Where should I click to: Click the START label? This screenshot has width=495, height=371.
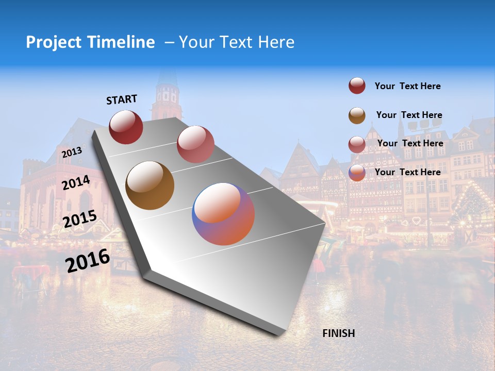pyautogui.click(x=122, y=99)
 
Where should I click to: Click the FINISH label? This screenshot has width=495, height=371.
pyautogui.click(x=338, y=333)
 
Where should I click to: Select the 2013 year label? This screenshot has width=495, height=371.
pyautogui.click(x=72, y=152)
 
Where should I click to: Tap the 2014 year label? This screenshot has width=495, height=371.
pyautogui.click(x=76, y=182)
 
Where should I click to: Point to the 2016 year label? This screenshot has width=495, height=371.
pyautogui.click(x=88, y=261)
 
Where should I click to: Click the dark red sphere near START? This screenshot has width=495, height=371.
pyautogui.click(x=126, y=127)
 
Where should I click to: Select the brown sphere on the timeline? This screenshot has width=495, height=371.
pyautogui.click(x=150, y=185)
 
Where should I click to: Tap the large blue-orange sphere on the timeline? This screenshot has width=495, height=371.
pyautogui.click(x=223, y=214)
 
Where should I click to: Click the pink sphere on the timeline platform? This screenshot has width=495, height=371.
pyautogui.click(x=195, y=144)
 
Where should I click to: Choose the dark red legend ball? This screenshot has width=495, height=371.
pyautogui.click(x=357, y=86)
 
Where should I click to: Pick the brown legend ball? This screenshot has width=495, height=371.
pyautogui.click(x=357, y=115)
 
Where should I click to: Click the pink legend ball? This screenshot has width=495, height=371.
pyautogui.click(x=357, y=144)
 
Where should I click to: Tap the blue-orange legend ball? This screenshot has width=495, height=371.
pyautogui.click(x=357, y=173)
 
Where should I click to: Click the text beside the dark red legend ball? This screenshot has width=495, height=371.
pyautogui.click(x=407, y=87)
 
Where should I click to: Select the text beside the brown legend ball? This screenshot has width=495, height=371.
pyautogui.click(x=409, y=115)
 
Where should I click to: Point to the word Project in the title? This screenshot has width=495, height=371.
pyautogui.click(x=54, y=42)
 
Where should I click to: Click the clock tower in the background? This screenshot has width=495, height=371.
pyautogui.click(x=167, y=93)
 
